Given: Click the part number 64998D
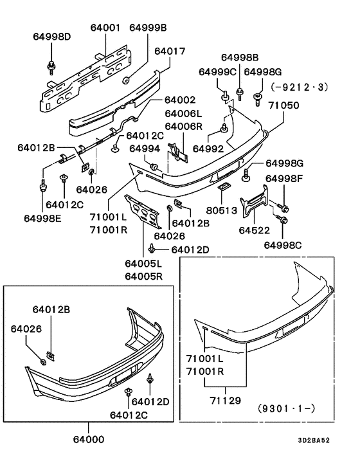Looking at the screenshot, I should [x=51, y=36].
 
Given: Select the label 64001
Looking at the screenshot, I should [x=105, y=28].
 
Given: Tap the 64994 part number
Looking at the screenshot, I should [x=145, y=149].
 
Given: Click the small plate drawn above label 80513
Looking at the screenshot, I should [x=222, y=186].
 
